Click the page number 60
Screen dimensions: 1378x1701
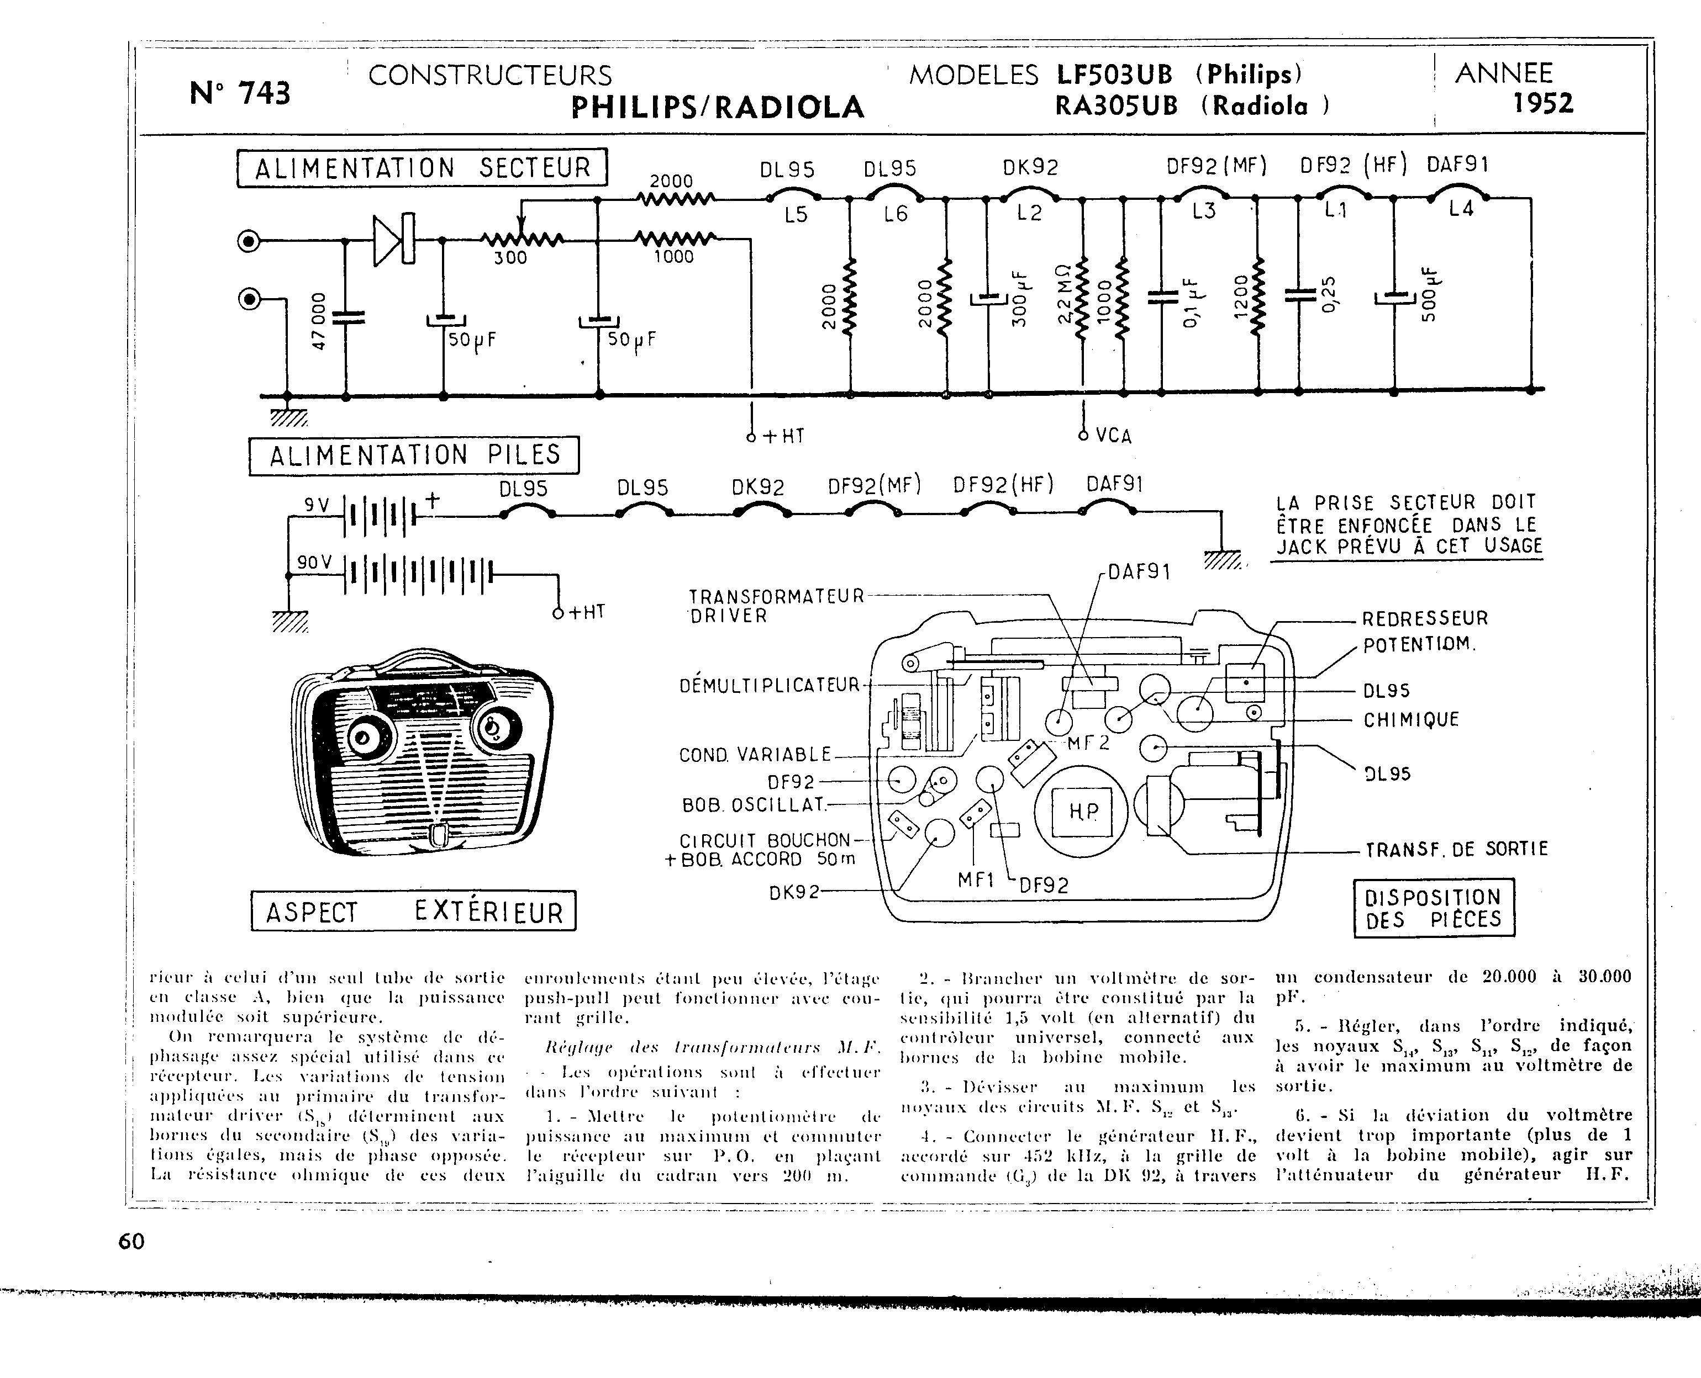pyautogui.click(x=131, y=1241)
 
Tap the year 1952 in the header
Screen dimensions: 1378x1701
pyautogui.click(x=1542, y=104)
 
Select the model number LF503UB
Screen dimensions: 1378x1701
pyautogui.click(x=1114, y=75)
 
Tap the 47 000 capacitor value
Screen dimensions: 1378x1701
pyautogui.click(x=318, y=321)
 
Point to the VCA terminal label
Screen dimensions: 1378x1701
pyautogui.click(x=1113, y=436)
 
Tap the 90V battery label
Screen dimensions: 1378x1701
pyautogui.click(x=314, y=562)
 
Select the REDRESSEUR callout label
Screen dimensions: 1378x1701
pyautogui.click(x=1425, y=618)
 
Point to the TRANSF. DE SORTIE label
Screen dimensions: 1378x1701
pyautogui.click(x=1456, y=849)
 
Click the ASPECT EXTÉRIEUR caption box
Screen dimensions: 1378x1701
pyautogui.click(x=414, y=911)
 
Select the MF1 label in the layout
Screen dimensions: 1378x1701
pyautogui.click(x=976, y=879)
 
